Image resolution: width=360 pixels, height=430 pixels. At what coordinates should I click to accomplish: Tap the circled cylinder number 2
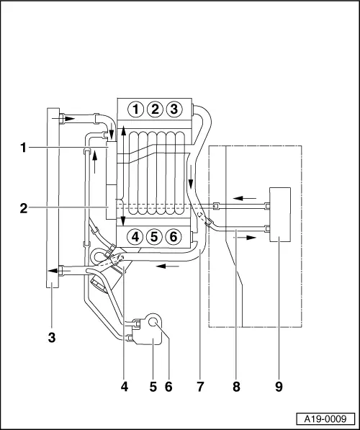pos(154,109)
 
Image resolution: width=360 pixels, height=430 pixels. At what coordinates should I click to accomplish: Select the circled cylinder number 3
pos(173,109)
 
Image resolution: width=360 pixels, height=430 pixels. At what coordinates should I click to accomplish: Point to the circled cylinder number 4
pos(135,236)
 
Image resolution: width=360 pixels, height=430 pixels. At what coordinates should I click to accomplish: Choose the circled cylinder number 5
pos(153,236)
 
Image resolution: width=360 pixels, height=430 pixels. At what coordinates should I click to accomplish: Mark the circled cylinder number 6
pos(172,236)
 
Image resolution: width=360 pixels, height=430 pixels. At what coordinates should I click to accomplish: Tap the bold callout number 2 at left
pos(24,208)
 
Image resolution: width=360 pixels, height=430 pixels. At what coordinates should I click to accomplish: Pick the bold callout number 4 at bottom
pos(125,387)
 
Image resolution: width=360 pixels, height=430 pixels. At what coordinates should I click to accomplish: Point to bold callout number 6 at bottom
pos(168,387)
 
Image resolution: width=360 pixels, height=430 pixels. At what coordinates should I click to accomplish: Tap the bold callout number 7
pos(199,387)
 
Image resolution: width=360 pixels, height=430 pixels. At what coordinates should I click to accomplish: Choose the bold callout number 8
pos(236,387)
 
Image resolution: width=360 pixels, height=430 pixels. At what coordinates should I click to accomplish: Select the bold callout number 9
pos(279,387)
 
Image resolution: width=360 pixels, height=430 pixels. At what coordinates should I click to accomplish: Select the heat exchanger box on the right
pos(279,216)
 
